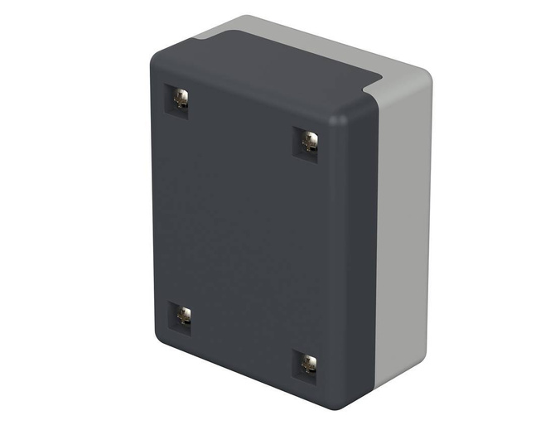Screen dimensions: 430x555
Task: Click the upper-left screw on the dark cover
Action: coord(181,101)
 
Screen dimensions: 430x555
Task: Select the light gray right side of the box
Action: coord(406,232)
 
